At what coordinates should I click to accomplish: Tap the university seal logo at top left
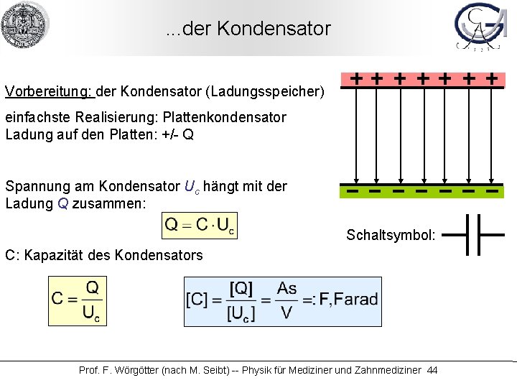pyautogui.click(x=25, y=25)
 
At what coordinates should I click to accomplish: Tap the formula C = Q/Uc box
pyautogui.click(x=76, y=301)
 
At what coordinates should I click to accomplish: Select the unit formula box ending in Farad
pyautogui.click(x=283, y=301)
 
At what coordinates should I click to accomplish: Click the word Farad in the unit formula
pyautogui.click(x=355, y=299)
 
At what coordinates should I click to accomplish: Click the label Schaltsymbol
pyautogui.click(x=391, y=235)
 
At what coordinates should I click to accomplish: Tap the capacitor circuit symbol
pyautogui.click(x=473, y=234)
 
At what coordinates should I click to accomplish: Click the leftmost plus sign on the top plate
pyautogui.click(x=355, y=78)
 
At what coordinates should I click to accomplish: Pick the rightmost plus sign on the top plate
pyautogui.click(x=492, y=78)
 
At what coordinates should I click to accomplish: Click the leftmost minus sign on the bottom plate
pyautogui.click(x=353, y=192)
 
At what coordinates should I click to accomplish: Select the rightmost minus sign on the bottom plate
pyautogui.click(x=492, y=192)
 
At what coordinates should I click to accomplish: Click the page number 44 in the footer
pyautogui.click(x=432, y=370)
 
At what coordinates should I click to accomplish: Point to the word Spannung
pyautogui.click(x=34, y=186)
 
